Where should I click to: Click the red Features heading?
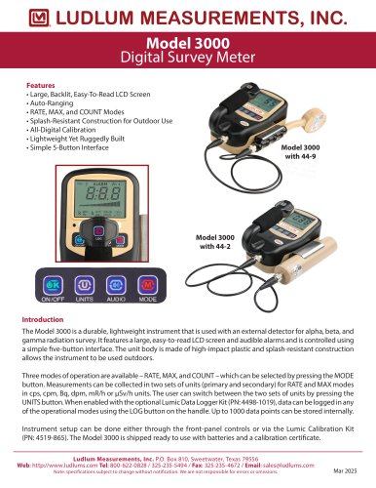click(40, 86)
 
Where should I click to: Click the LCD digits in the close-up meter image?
click(90, 192)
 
